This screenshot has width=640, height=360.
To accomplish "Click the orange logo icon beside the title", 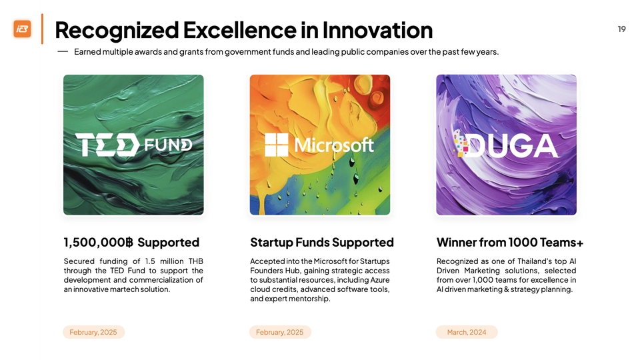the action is point(22,29).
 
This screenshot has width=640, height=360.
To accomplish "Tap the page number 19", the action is point(621,29).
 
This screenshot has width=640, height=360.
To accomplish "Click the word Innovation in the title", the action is point(377,30).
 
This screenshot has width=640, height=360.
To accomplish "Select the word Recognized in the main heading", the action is point(117,31).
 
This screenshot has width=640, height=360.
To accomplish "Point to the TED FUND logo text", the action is point(133,145).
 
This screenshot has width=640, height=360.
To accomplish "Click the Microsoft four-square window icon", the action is point(276,145).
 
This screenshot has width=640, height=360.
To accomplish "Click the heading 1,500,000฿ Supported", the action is point(131,243).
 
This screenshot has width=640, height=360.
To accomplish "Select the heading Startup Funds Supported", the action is point(322,243).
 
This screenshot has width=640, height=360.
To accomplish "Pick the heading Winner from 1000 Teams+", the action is point(510,243).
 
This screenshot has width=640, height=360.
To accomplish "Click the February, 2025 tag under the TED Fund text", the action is point(93,332).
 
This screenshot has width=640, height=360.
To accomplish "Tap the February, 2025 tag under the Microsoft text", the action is point(280,332).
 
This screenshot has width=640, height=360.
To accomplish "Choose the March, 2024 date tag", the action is point(467,332).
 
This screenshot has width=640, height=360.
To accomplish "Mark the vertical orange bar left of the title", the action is point(42,29).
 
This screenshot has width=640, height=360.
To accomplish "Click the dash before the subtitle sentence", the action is point(63,52).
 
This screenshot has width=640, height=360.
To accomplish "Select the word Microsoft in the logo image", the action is point(334,145).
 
